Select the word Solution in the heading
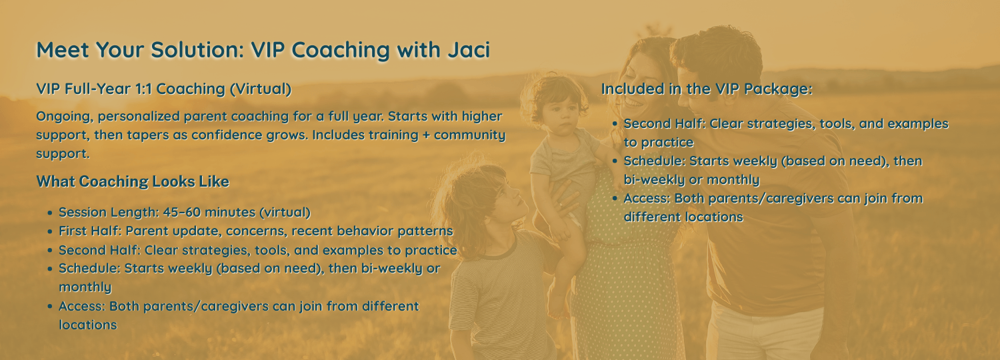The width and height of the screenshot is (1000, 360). click(x=197, y=49)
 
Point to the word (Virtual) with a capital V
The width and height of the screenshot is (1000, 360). click(x=261, y=89)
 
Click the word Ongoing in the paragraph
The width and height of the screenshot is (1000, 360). click(x=65, y=117)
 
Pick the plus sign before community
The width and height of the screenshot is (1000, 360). click(x=426, y=135)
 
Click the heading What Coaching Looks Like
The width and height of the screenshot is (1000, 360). click(x=133, y=181)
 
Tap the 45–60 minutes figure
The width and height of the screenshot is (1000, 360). click(x=209, y=212)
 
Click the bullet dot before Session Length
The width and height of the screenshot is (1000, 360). click(x=50, y=213)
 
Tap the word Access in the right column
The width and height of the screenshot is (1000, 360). click(x=645, y=198)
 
